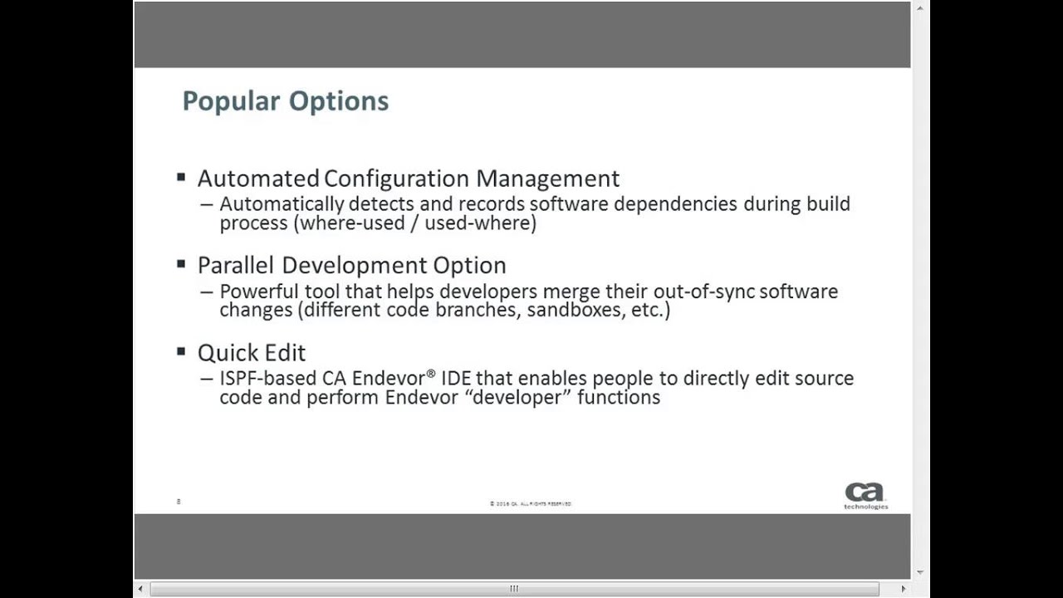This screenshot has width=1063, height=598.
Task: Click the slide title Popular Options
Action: [285, 101]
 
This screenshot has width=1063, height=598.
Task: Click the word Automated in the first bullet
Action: [257, 179]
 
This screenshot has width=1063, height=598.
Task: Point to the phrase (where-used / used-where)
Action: [418, 223]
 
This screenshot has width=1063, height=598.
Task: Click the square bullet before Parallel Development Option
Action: [181, 264]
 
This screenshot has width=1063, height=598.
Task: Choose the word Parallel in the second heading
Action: [236, 266]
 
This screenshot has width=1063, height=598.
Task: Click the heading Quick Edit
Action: [252, 353]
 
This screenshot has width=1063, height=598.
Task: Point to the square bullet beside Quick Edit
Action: [181, 351]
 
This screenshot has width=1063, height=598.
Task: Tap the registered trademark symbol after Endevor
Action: [431, 375]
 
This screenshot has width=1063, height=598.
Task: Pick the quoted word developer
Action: [518, 398]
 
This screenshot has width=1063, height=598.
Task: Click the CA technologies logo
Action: [865, 495]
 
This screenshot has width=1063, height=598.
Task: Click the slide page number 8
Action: [179, 502]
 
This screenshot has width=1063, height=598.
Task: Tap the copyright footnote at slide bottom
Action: [530, 504]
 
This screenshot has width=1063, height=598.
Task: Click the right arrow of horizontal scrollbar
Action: [904, 589]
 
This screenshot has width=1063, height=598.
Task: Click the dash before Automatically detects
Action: [206, 204]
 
